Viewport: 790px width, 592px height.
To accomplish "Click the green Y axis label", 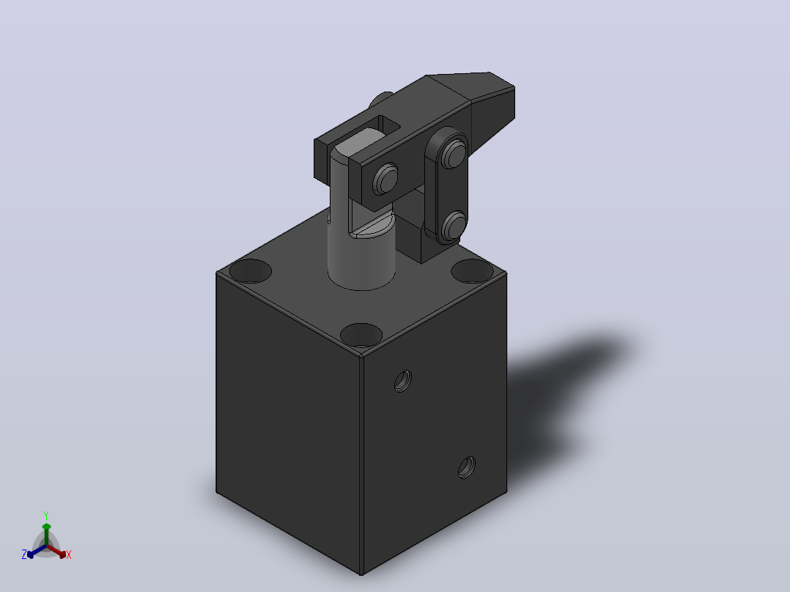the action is coord(46,515).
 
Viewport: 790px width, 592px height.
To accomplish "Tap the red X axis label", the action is coord(69,555).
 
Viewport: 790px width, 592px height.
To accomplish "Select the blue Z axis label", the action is coord(24,555).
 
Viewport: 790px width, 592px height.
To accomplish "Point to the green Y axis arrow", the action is coord(46,533).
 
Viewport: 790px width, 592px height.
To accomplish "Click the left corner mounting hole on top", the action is coord(251,271).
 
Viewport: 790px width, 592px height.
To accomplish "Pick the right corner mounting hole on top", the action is coord(472,271).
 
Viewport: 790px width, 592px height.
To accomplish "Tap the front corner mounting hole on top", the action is coord(361,335).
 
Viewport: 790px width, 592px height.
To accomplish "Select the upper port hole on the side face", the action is coord(402,381).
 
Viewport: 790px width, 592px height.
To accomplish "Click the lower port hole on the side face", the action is coord(467,467).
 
